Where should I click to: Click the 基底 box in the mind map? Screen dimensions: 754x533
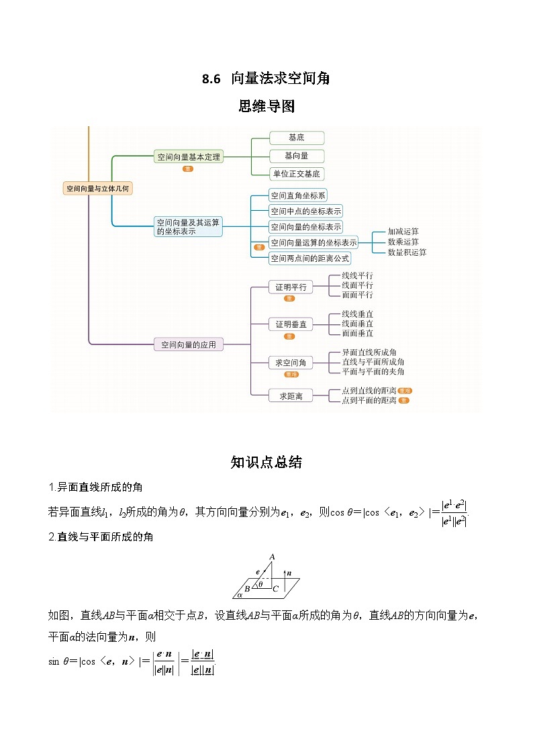tap(296, 138)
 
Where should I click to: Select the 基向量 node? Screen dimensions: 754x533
tap(296, 156)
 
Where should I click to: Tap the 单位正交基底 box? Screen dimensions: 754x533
tap(296, 174)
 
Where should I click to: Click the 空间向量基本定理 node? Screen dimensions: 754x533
tap(189, 157)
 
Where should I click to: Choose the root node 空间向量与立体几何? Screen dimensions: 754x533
tap(97, 189)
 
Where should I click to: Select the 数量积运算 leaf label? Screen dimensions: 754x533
tap(407, 252)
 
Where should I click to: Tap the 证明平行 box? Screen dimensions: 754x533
tap(290, 287)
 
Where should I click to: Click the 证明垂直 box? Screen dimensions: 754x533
tap(290, 324)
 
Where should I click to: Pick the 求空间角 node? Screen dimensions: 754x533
tap(290, 363)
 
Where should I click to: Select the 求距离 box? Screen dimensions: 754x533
tap(291, 396)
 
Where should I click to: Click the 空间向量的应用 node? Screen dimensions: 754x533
tap(189, 344)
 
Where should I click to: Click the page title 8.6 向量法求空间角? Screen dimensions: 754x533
tap(266, 79)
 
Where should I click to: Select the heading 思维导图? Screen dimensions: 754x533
tap(266, 106)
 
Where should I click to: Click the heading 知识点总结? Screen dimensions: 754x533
tap(266, 462)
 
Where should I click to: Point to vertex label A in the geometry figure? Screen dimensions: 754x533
tap(272, 557)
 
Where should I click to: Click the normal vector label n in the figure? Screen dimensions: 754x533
tap(289, 573)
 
